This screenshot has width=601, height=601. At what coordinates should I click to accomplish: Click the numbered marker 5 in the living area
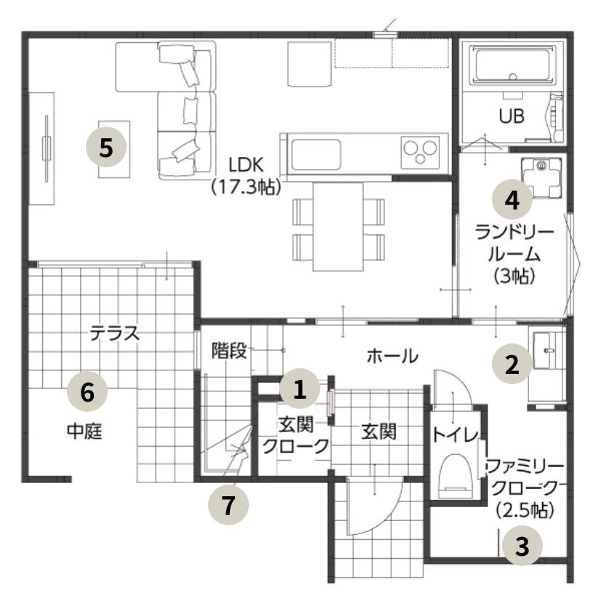106,147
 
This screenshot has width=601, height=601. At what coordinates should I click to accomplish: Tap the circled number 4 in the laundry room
512,199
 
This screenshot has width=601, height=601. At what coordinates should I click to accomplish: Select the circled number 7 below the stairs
228,504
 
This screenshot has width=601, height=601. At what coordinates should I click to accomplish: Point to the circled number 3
522,545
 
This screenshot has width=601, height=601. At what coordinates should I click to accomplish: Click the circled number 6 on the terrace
87,391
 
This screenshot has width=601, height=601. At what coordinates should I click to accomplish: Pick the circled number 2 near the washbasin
512,363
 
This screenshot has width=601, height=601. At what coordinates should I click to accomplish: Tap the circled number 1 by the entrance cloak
299,389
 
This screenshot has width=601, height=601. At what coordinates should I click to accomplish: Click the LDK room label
246,165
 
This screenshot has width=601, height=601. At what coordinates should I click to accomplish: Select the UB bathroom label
512,116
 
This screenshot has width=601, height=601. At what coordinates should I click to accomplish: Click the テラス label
115,333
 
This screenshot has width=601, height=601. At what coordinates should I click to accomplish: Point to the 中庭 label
84,431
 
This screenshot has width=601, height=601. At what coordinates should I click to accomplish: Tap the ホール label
392,356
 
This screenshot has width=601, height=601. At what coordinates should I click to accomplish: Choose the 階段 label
229,350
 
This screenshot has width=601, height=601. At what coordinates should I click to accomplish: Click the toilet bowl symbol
455,475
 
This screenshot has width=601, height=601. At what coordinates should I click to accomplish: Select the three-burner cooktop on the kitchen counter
421,152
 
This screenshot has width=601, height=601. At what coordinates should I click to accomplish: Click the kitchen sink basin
316,154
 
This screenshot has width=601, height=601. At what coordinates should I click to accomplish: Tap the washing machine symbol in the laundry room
541,178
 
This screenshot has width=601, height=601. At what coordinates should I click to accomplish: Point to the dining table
338,226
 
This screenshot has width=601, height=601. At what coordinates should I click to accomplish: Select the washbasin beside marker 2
547,351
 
